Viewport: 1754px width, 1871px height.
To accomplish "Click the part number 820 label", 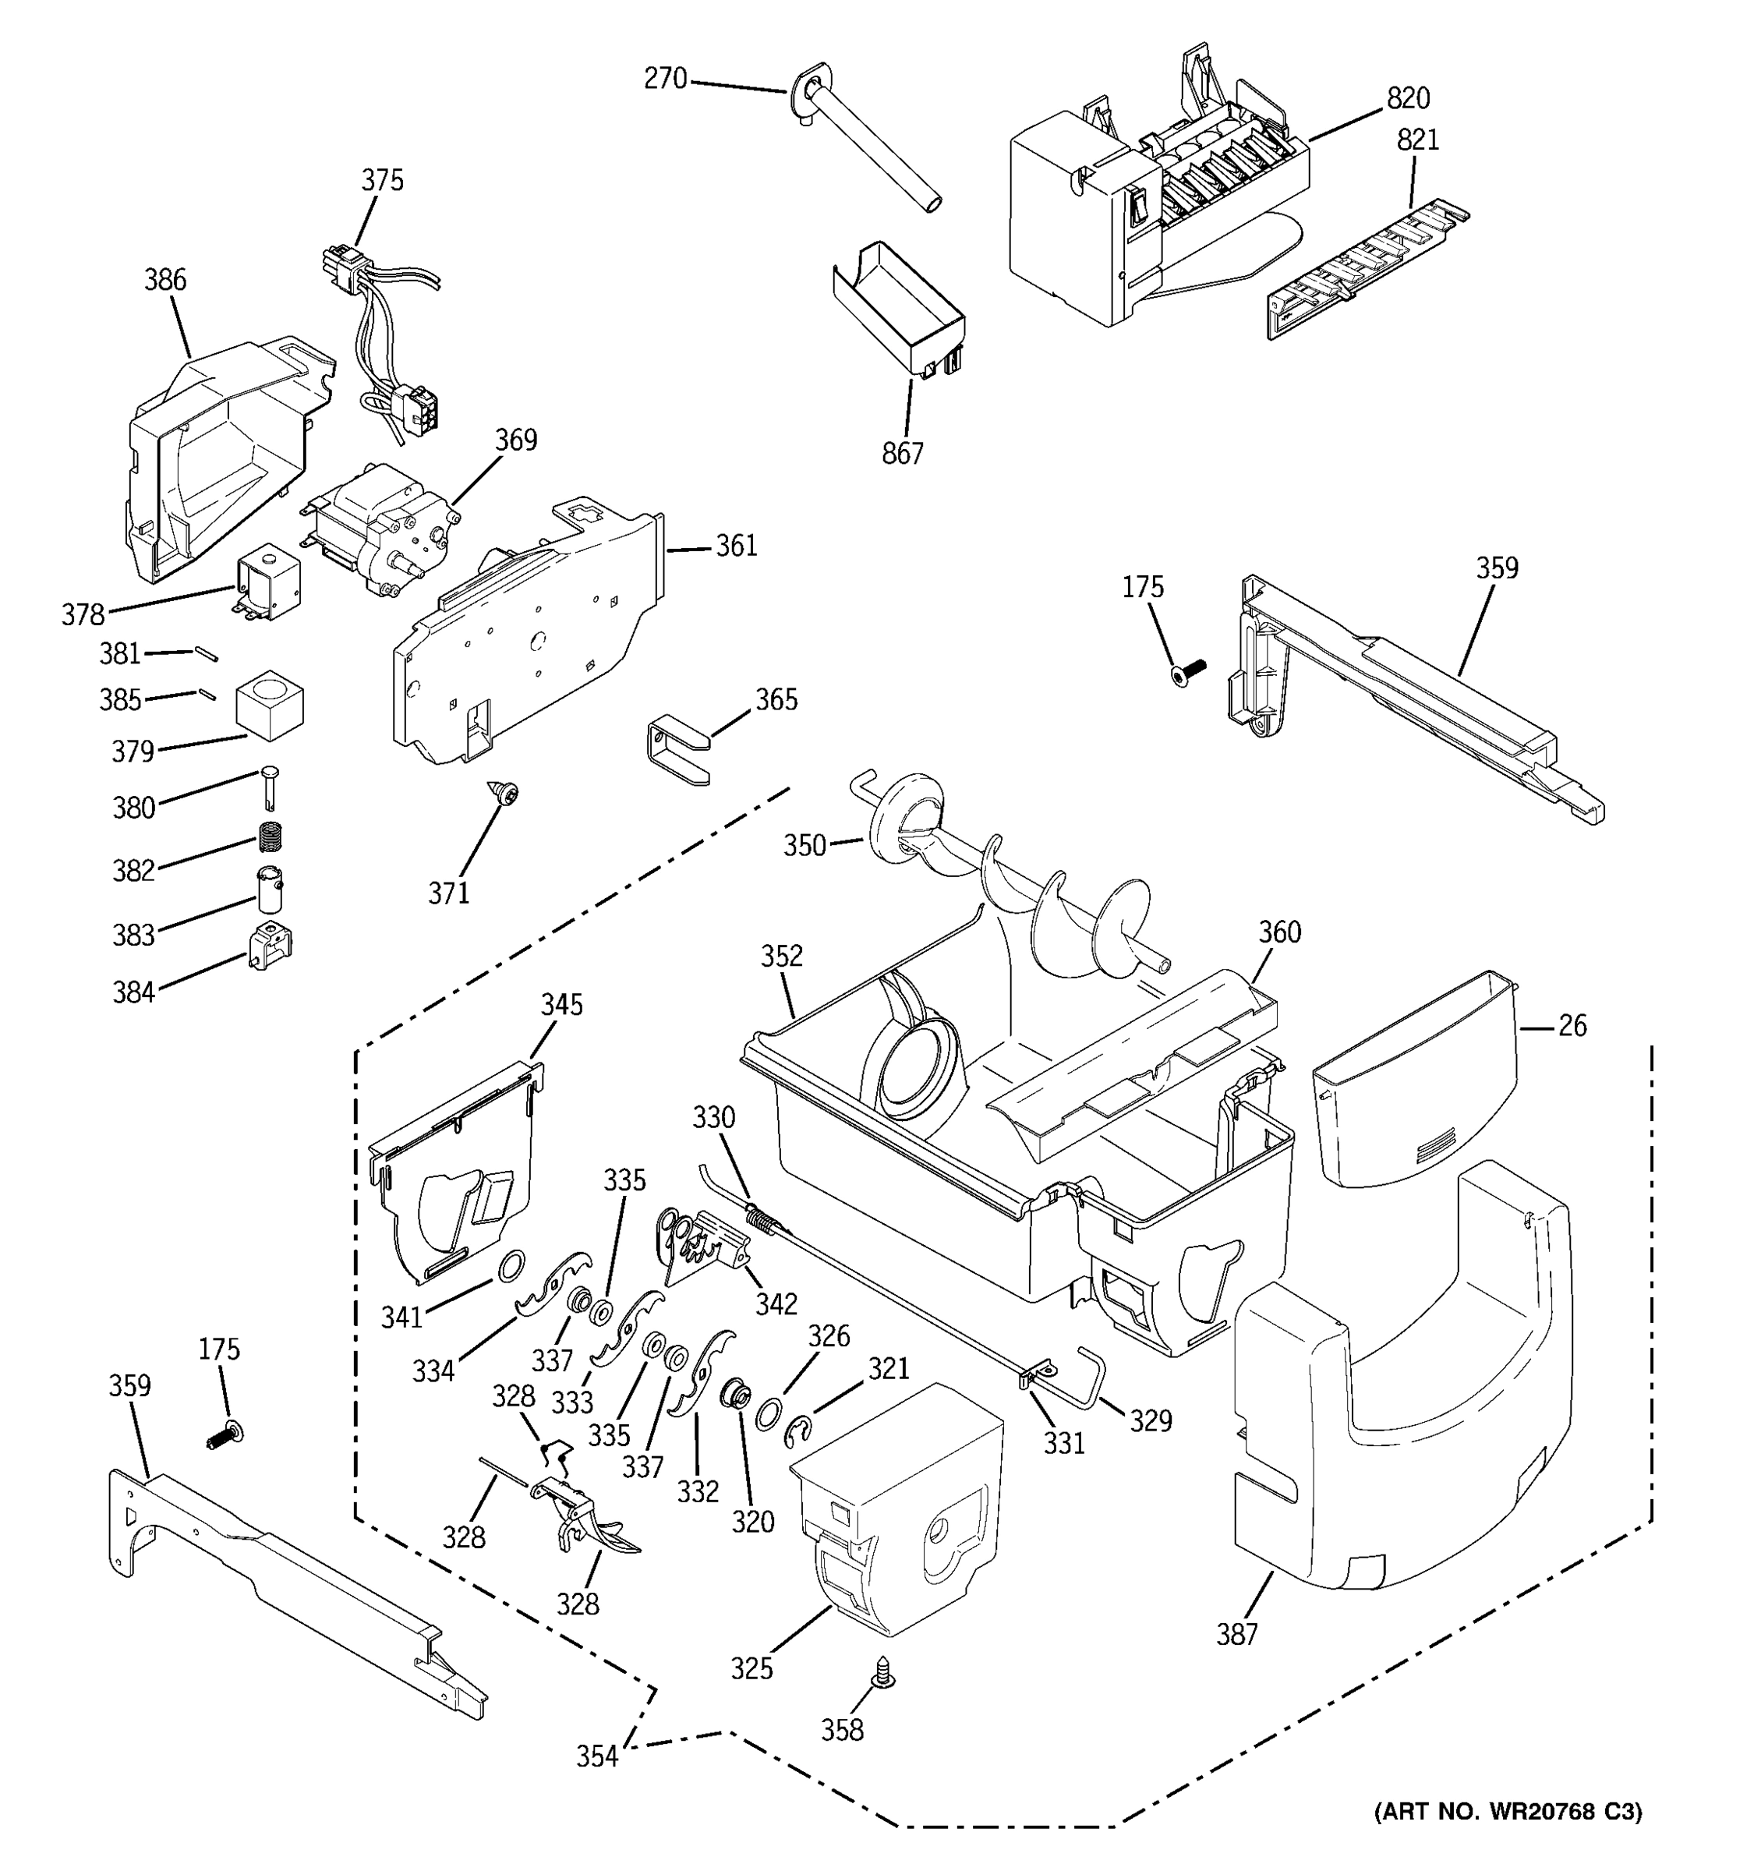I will pyautogui.click(x=1408, y=98).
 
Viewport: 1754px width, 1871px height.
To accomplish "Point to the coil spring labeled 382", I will pyautogui.click(x=272, y=835).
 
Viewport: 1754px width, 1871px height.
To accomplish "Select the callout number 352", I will pyautogui.click(x=781, y=957).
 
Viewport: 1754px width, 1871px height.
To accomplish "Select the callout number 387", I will pyautogui.click(x=1237, y=1635).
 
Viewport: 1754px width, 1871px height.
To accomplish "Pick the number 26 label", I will pyautogui.click(x=1572, y=1025).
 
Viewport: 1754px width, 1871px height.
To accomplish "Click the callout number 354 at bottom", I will pyautogui.click(x=596, y=1756).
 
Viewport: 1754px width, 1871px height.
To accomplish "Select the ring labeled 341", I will pyautogui.click(x=510, y=1266).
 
